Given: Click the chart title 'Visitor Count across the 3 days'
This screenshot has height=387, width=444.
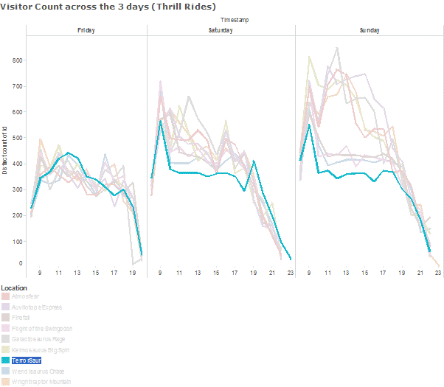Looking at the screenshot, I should [108, 6].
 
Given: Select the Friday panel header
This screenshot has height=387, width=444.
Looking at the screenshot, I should [86, 30].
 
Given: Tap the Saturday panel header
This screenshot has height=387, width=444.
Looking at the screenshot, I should [221, 30].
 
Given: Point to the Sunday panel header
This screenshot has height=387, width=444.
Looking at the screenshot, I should [370, 30].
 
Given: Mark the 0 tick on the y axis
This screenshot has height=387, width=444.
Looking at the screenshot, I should [21, 263].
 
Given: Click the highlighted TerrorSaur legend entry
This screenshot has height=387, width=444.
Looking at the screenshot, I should [26, 360].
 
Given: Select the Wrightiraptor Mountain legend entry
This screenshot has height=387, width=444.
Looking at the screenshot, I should [42, 382].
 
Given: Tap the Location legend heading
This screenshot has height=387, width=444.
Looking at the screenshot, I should [15, 287].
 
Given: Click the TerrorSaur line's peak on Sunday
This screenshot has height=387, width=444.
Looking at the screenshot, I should [309, 125].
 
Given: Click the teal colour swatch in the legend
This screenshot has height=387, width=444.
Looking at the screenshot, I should [5, 360].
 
